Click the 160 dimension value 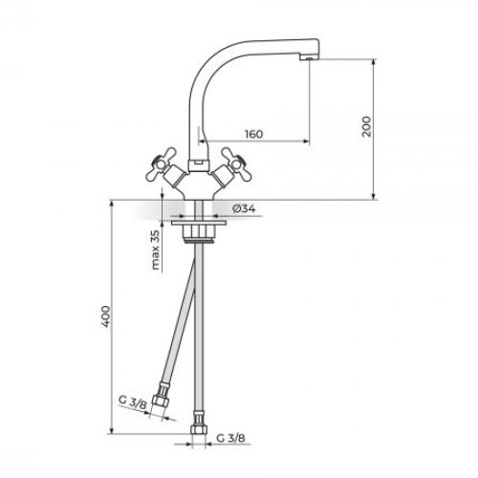click(x=252, y=134)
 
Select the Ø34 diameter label click(x=244, y=208)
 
